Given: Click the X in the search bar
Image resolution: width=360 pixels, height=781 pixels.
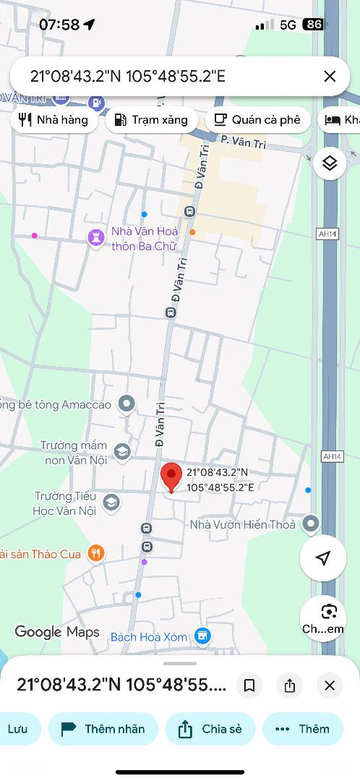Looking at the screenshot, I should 330,76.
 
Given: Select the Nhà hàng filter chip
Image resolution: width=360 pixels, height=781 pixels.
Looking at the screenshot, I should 54,120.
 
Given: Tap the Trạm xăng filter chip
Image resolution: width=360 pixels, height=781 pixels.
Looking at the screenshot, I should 151,120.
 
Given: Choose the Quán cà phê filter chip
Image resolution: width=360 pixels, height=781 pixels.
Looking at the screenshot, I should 257,120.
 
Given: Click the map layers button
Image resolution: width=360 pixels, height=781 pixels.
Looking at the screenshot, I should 330,163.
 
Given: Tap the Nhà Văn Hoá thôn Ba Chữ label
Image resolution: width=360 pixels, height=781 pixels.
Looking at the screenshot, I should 145,238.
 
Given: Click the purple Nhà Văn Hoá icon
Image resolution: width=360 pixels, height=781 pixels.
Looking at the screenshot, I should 95,236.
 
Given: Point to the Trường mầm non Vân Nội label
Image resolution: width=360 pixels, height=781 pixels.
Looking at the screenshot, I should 73,452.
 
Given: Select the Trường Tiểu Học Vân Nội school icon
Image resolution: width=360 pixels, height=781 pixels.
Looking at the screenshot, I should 111,502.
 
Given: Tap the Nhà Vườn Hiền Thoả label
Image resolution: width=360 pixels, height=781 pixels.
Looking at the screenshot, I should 242,524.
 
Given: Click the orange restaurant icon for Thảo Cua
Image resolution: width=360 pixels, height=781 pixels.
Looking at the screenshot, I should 95,554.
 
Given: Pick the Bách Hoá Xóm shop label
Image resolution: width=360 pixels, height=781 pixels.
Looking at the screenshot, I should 149,637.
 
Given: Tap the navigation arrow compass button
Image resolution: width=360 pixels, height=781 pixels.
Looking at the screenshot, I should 323,558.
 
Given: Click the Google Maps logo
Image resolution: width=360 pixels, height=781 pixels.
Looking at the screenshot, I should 57,632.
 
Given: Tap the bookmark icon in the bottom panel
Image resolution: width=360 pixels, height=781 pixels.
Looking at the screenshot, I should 249,686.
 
